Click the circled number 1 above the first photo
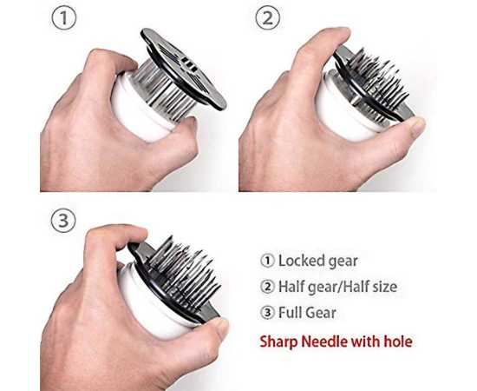point(63,18)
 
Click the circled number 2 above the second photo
point(267,18)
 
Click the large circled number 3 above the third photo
point(63,221)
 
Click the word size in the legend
point(384,287)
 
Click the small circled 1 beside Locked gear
point(267,262)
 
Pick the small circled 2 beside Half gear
point(267,287)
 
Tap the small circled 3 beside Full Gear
point(267,313)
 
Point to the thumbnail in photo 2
point(417,126)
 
